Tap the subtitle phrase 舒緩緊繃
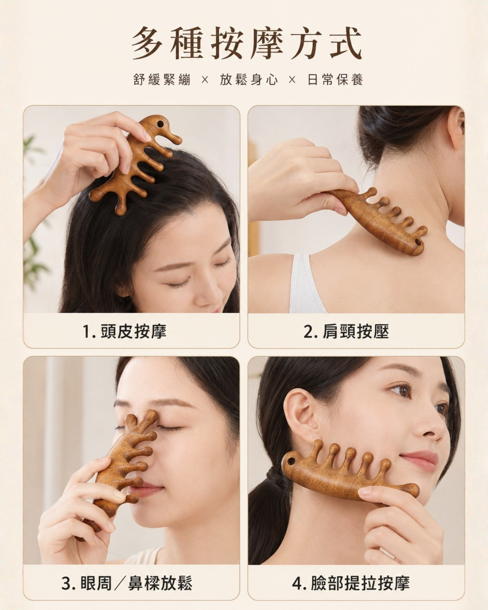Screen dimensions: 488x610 (162, 80)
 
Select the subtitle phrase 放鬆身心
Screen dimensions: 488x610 (249, 80)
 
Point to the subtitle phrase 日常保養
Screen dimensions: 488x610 (335, 80)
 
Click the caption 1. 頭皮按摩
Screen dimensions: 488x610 (125, 331)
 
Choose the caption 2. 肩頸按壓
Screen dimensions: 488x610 (346, 331)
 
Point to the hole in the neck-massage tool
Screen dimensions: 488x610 (418, 242)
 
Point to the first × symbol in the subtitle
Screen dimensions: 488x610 (205, 80)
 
